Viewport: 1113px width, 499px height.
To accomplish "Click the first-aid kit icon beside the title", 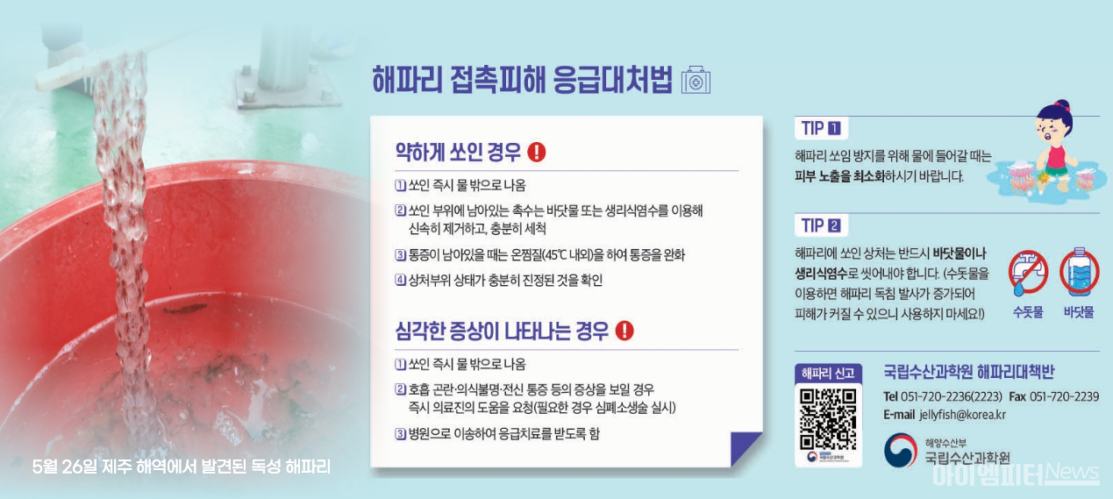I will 696,80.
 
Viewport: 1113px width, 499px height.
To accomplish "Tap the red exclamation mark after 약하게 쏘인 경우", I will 537,152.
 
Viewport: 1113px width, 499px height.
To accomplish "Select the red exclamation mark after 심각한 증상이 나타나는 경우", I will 624,331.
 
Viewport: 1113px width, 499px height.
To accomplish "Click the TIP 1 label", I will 819,128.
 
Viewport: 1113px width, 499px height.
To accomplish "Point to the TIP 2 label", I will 819,225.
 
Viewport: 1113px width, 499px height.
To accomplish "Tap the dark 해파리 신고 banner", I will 828,373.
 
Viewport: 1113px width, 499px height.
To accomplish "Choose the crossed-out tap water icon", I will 1028,273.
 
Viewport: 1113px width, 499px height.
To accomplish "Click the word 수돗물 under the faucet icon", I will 1028,312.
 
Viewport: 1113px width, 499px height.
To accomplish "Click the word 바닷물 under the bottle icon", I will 1079,312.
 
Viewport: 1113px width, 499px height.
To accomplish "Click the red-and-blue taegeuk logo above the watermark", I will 900,450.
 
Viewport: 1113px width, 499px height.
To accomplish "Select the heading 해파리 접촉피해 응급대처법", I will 522,80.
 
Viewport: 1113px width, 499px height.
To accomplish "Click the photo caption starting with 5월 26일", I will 181,467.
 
